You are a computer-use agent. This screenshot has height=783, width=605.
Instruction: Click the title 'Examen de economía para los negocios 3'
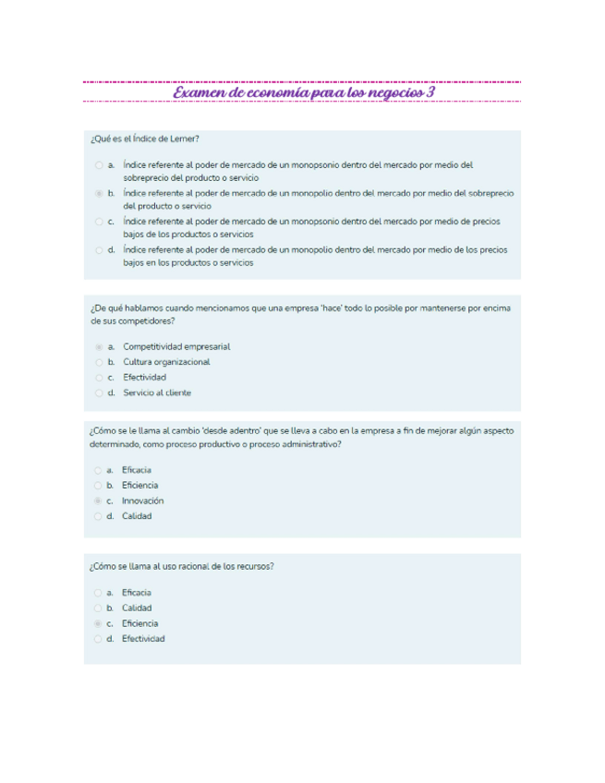[302, 93]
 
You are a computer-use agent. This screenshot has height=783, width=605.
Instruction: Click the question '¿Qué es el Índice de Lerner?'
[144, 139]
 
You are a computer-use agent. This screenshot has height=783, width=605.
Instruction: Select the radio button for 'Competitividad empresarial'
[99, 347]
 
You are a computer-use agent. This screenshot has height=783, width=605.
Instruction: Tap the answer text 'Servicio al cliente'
[157, 392]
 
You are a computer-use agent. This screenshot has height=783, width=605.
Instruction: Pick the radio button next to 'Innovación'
[98, 500]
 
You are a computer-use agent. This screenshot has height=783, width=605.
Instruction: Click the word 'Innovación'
[143, 500]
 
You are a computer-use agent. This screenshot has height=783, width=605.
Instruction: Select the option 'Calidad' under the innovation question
[137, 516]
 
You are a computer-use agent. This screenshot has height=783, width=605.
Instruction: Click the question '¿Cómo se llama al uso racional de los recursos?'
[181, 567]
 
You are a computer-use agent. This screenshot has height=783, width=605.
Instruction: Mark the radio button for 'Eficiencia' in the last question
[98, 623]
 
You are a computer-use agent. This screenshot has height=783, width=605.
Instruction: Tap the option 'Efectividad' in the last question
[143, 639]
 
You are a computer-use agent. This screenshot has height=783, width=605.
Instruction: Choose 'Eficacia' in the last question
[137, 593]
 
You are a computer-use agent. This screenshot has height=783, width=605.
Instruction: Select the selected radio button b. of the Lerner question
[99, 194]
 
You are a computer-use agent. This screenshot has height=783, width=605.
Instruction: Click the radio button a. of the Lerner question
[99, 165]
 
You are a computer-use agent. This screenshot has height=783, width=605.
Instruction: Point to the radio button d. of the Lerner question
[99, 250]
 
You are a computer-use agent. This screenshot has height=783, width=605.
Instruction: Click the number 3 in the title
[430, 93]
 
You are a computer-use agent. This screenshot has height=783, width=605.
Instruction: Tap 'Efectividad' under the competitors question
[144, 378]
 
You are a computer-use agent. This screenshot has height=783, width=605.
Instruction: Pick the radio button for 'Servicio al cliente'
[99, 392]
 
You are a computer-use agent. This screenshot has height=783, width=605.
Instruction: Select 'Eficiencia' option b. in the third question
[139, 485]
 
